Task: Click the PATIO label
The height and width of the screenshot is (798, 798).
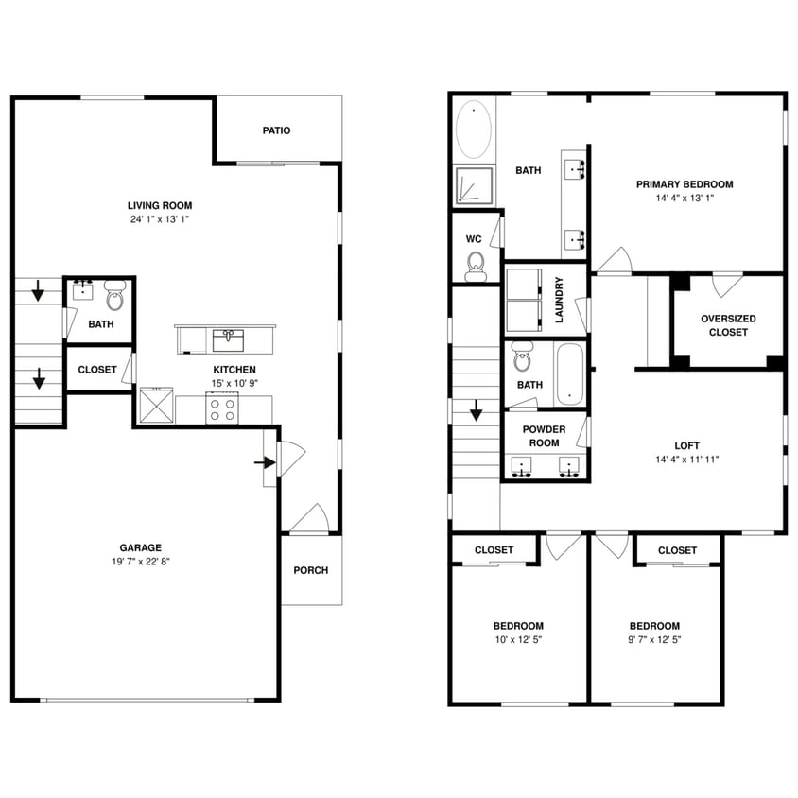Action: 276,130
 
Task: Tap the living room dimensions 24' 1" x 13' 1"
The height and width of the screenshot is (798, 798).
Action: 160,219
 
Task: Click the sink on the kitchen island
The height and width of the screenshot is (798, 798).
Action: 227,339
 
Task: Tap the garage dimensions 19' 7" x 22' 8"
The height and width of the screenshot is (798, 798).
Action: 140,561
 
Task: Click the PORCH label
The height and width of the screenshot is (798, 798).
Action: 310,570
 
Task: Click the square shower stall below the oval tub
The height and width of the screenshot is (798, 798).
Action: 474,186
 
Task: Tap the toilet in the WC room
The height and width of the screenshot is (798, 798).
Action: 476,267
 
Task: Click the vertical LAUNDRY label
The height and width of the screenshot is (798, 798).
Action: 559,300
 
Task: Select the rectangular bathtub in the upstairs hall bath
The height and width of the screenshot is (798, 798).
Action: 570,374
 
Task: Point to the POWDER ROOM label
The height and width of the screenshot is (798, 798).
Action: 545,436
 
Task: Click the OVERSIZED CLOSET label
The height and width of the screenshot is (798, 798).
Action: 728,325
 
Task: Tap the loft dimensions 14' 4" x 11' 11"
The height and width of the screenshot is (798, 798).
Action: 686,460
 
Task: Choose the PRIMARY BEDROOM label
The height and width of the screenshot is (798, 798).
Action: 685,184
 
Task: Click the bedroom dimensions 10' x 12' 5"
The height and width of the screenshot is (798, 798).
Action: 518,639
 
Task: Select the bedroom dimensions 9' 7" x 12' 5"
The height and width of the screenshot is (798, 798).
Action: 654,639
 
